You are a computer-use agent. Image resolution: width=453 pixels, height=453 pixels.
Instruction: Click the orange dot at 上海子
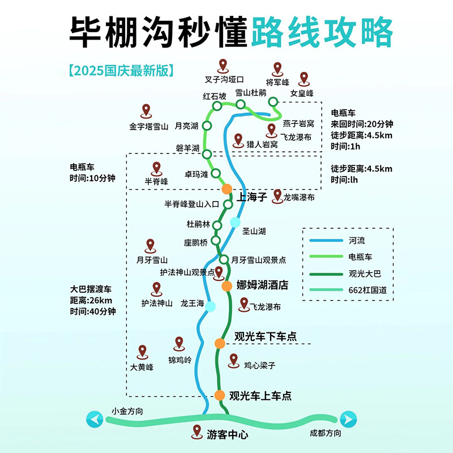[227, 189]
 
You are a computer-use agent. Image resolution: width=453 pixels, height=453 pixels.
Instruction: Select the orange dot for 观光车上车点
[220, 395]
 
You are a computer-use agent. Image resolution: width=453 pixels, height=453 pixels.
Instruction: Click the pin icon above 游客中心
[197, 431]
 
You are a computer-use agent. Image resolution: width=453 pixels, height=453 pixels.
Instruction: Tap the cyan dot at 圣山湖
[235, 221]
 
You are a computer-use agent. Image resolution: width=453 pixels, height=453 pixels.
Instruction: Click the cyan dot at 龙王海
[211, 306]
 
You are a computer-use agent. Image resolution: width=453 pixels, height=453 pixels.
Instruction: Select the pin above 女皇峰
[304, 79]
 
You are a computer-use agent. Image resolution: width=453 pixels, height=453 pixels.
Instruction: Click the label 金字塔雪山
[149, 126]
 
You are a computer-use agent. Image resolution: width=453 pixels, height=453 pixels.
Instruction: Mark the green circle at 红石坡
[217, 106]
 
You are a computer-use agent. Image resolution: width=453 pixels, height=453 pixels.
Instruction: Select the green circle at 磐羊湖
[207, 154]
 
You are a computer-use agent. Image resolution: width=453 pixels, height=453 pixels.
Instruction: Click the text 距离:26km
[91, 300]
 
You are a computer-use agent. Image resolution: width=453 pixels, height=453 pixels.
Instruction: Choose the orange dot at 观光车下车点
[220, 343]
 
